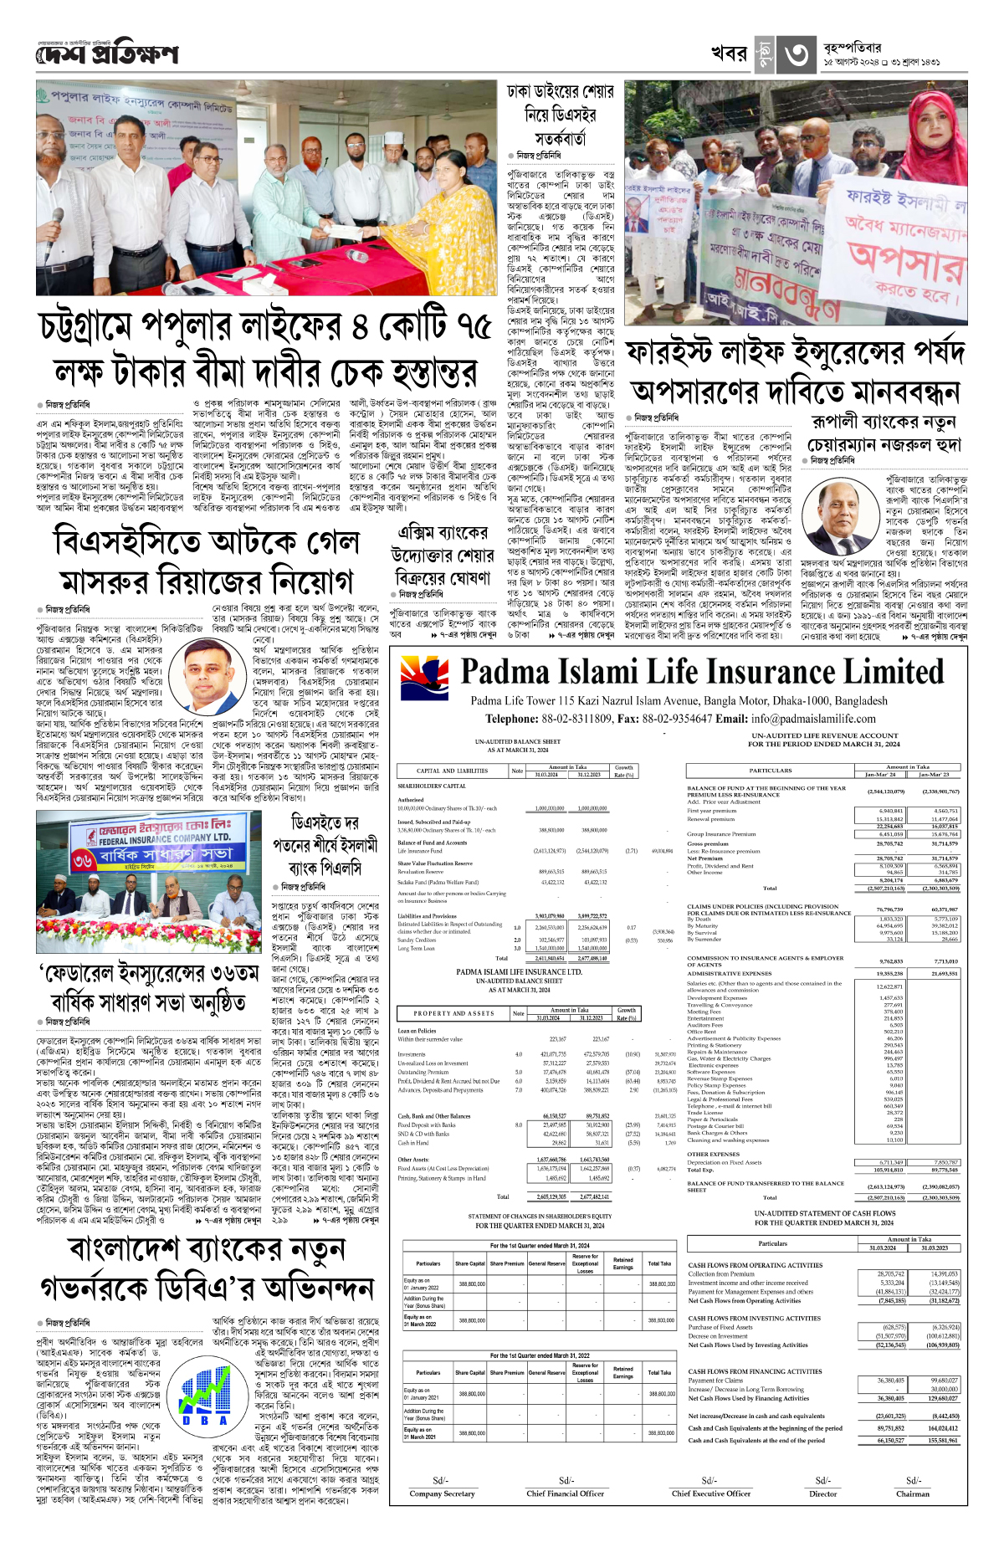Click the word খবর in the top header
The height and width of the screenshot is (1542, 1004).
pyautogui.click(x=729, y=54)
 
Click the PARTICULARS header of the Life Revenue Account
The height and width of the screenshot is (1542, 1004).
pyautogui.click(x=770, y=770)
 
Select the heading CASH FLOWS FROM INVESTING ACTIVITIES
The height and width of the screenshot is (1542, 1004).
pyautogui.click(x=754, y=1318)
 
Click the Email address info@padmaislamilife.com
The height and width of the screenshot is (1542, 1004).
pyautogui.click(x=813, y=719)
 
